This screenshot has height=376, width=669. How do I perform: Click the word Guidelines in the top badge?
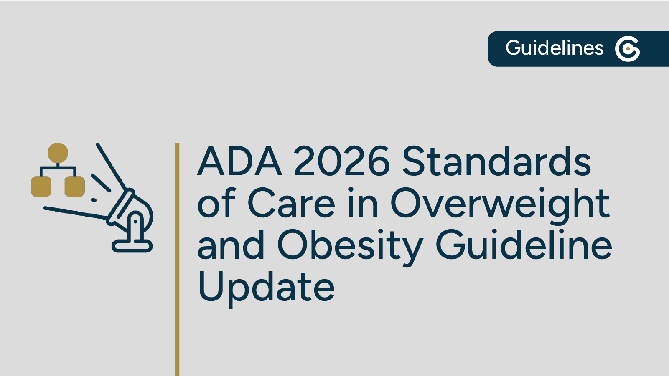pos(554,48)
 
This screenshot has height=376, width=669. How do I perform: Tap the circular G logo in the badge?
pos(627,49)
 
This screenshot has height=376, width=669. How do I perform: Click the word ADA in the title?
pos(239,162)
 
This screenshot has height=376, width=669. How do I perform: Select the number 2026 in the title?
pos(342,162)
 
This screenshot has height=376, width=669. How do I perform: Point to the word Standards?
pos(496,162)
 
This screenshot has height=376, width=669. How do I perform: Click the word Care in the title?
pos(291,204)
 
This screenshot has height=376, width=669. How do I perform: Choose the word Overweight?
pos(500,204)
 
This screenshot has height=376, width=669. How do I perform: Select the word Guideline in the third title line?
pos(524,245)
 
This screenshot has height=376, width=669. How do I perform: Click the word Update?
pos(266,288)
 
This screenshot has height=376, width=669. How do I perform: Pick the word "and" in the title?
pos(231,245)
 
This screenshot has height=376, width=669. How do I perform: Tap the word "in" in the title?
pos(363,204)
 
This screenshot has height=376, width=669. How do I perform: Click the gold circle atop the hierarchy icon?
pos(58,153)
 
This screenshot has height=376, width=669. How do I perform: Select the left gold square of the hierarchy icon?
pos(41,186)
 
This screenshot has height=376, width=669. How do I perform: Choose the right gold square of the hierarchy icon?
pos(75,186)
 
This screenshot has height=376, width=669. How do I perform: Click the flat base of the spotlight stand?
pos(132,246)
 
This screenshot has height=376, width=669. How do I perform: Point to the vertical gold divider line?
pos(177,259)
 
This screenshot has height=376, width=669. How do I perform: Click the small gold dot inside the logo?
pos(628,49)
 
